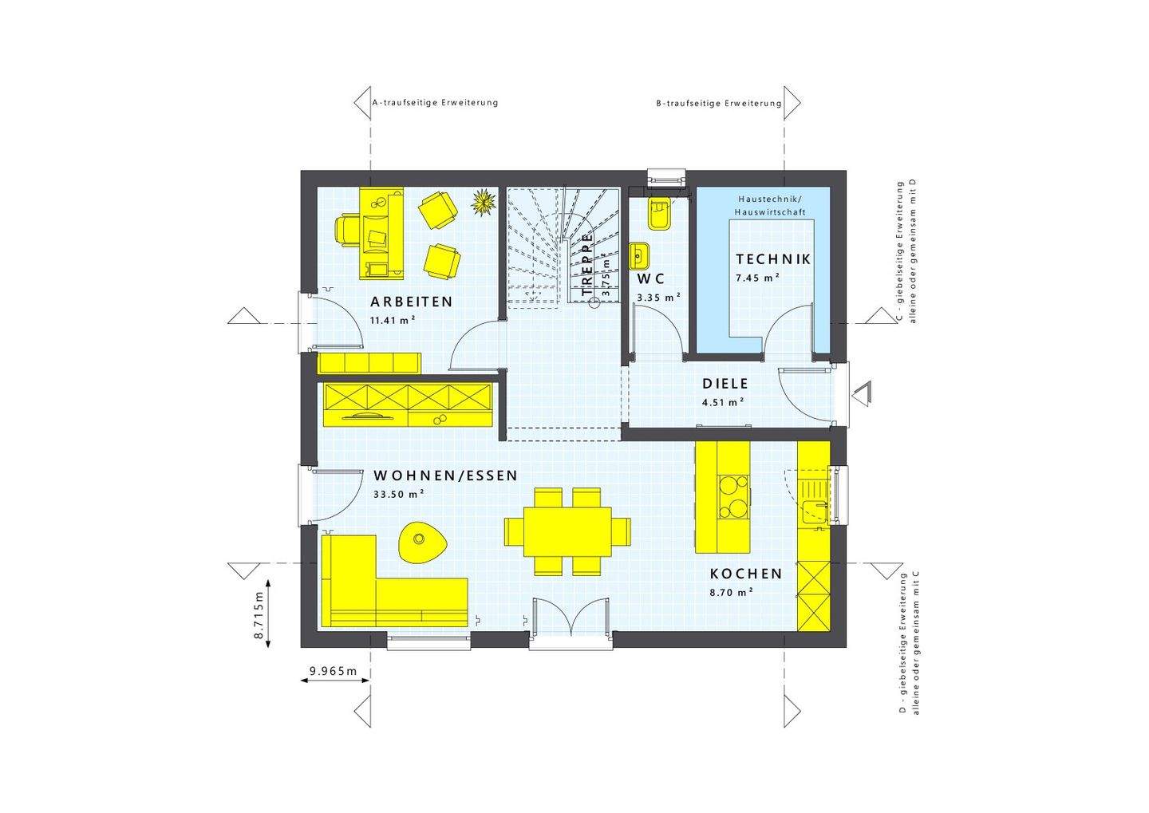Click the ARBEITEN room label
tap(411, 302)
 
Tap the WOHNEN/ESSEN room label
tap(445, 476)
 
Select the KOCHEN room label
tap(746, 574)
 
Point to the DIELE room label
tap(725, 384)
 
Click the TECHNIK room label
tap(772, 259)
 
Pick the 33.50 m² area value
tap(398, 494)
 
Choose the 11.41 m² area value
tap(392, 320)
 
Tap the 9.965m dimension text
tap(334, 671)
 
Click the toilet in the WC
tap(659, 213)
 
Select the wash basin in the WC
tap(639, 256)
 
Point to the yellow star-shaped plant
tap(483, 202)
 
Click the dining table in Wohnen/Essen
tap(567, 531)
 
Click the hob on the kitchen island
tap(732, 497)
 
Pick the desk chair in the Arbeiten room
tap(346, 230)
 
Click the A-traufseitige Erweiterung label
tap(435, 103)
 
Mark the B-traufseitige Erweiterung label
tap(718, 104)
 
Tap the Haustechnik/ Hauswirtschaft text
tap(772, 205)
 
